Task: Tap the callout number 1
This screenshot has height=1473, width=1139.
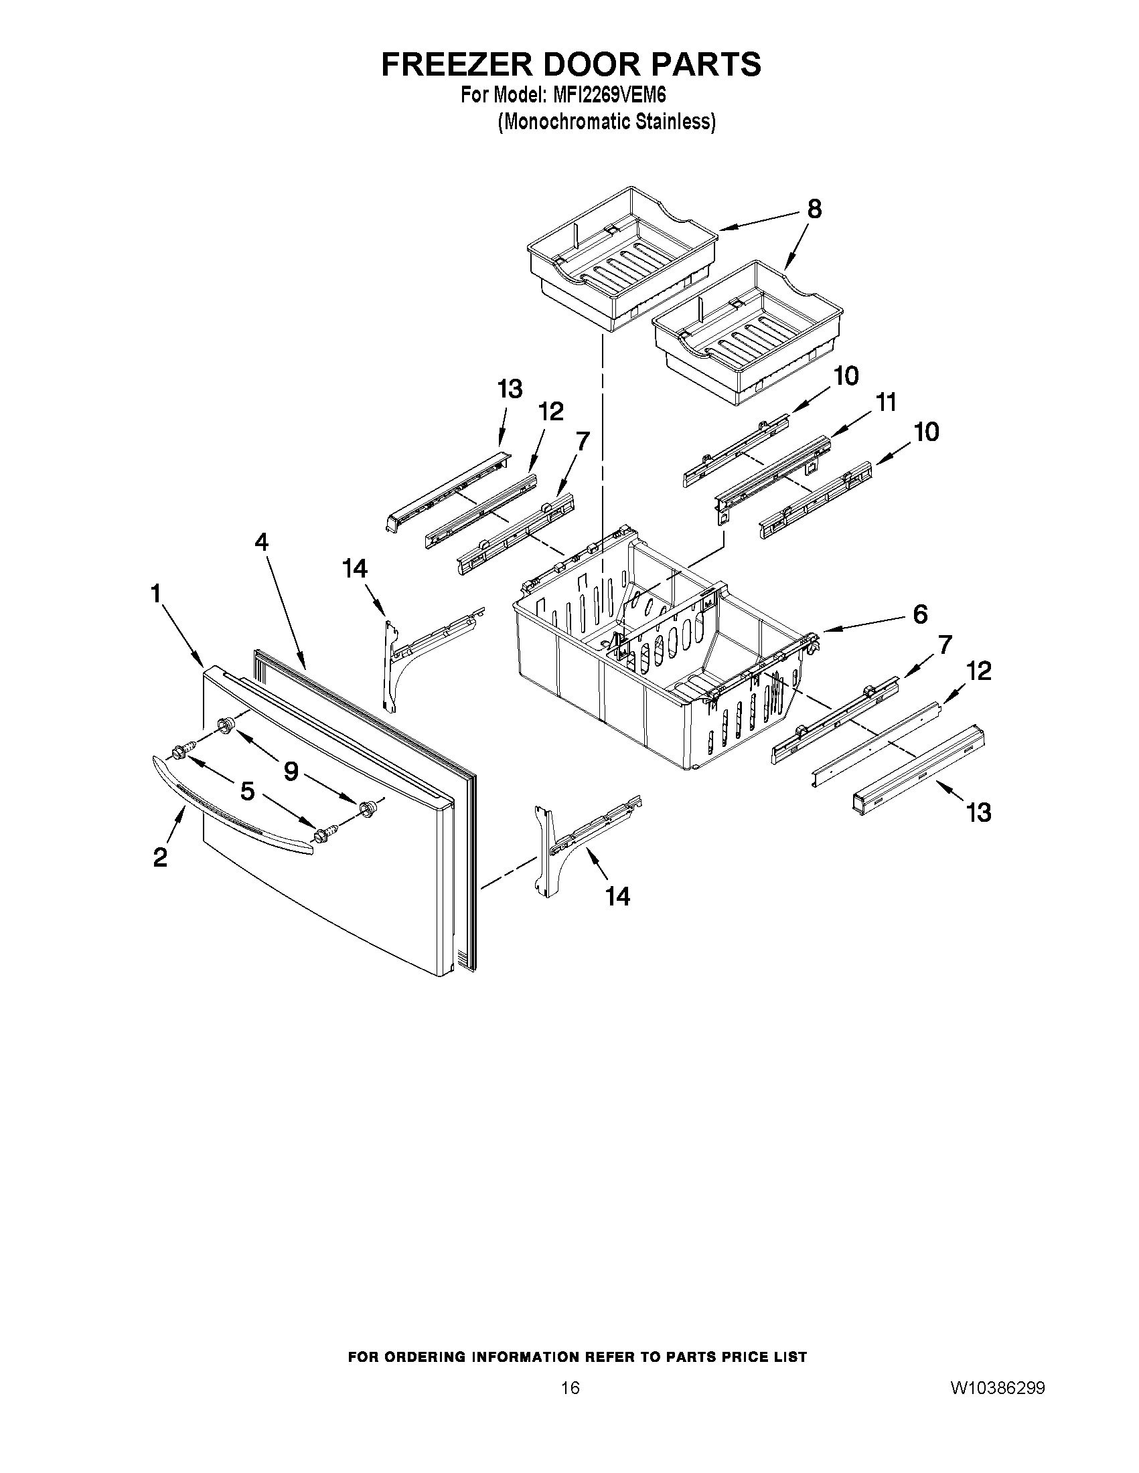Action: pos(156,594)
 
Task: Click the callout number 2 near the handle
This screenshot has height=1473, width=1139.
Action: pos(160,857)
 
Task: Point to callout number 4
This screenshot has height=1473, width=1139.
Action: pos(261,541)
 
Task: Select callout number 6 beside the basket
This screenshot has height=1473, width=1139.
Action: pos(919,614)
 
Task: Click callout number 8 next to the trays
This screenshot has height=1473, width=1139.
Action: pos(814,209)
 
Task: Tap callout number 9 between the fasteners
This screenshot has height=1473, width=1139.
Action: pos(291,771)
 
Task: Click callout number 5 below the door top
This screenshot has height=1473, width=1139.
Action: pos(248,791)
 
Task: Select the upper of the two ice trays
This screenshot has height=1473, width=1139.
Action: pos(621,260)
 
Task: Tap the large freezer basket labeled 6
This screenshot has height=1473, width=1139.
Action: pos(648,668)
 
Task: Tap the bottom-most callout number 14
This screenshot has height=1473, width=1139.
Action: pos(617,896)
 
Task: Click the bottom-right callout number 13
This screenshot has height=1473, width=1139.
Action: pos(978,812)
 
